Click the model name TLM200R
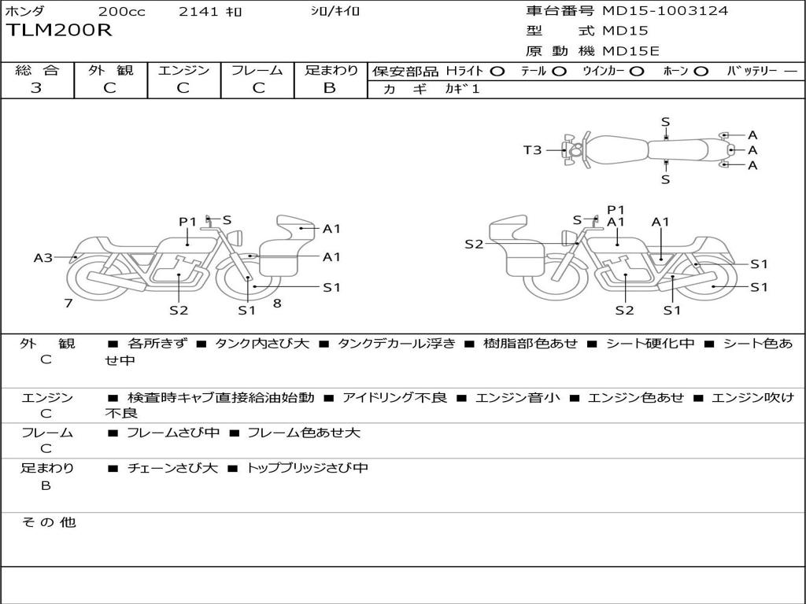click(x=60, y=31)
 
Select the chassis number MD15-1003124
click(x=665, y=11)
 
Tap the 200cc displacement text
click(x=121, y=12)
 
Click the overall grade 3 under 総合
click(x=36, y=88)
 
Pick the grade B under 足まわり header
click(x=330, y=88)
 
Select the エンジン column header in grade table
click(x=184, y=71)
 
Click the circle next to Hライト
click(x=497, y=72)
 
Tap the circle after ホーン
click(x=701, y=72)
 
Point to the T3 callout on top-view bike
click(x=533, y=149)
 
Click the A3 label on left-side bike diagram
click(x=43, y=257)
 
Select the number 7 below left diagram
click(x=68, y=303)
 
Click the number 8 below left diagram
click(x=277, y=303)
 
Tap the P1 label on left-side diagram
click(x=187, y=222)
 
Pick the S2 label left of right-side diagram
click(x=474, y=245)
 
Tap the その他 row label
click(x=48, y=522)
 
